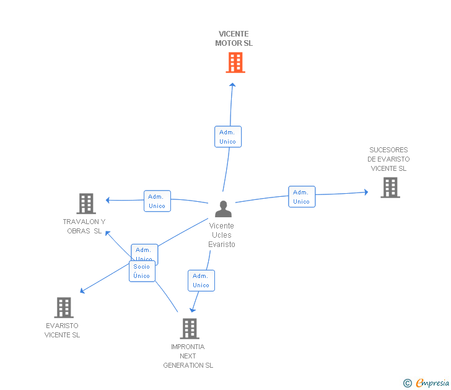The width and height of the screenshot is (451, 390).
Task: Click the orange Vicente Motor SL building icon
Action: pos(235,63)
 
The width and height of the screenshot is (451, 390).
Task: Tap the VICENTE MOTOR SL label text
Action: pos(234,39)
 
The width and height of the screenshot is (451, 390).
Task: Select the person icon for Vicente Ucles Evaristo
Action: pos(222,209)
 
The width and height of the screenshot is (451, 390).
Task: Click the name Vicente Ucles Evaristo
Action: pos(222,235)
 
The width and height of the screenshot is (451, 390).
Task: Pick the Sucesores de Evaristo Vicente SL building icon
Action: pos(390,188)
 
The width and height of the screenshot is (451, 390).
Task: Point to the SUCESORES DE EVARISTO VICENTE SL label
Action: pos(388,159)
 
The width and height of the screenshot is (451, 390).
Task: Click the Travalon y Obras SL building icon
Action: pos(85,204)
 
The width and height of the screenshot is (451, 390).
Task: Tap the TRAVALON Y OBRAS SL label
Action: pos(84,227)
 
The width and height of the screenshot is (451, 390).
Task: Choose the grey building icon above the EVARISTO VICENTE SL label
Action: pos(63,308)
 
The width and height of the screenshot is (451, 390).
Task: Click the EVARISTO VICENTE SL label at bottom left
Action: pos(62,331)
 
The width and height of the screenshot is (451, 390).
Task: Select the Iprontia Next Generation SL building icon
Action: pos(189,328)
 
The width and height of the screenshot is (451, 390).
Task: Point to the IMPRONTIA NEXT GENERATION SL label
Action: pos(188,356)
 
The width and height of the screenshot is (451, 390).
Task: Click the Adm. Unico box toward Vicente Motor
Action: pos(227,137)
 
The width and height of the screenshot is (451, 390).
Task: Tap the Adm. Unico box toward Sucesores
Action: pos(301,197)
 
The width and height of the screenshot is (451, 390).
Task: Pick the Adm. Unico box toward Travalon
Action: pos(157,201)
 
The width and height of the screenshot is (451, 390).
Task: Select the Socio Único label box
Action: pos(142,271)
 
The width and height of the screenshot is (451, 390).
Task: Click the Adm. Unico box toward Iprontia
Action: pos(201,280)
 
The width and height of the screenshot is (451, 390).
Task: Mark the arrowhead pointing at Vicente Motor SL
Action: pos(232,84)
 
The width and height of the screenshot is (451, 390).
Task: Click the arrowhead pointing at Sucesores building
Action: pos(366,193)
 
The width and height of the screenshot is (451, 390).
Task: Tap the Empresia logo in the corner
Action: pos(427,383)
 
